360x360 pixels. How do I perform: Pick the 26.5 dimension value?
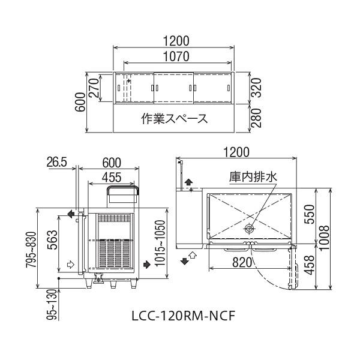point(59,162)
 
